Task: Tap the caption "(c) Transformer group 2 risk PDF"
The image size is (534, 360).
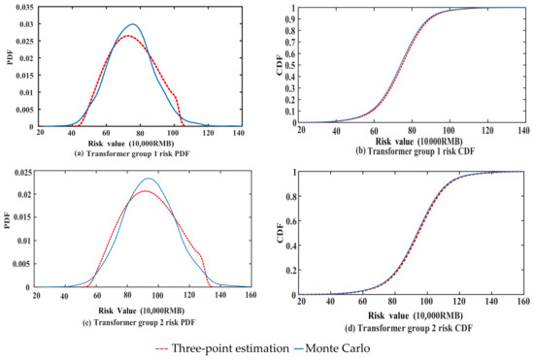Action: pos(132,317)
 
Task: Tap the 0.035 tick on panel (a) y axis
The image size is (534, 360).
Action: pos(18,7)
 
